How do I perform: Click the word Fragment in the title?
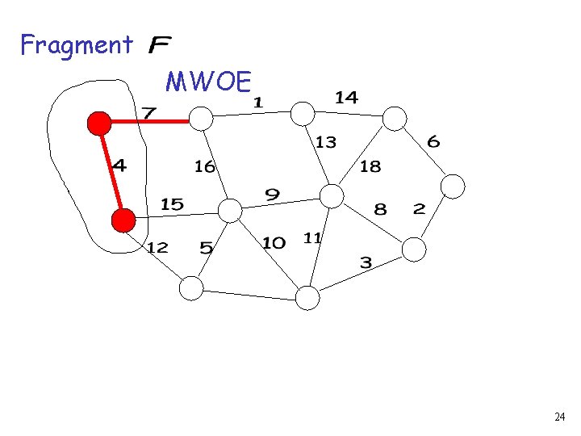(76, 44)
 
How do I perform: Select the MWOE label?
(209, 82)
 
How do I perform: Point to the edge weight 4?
(119, 166)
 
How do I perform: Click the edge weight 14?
(346, 98)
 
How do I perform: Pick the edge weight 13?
(325, 142)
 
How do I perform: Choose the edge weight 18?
(370, 166)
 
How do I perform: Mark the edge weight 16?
(204, 166)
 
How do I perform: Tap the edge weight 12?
(157, 247)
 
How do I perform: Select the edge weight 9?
(273, 195)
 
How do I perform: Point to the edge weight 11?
(313, 237)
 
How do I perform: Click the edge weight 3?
(366, 262)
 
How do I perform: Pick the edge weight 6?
(433, 142)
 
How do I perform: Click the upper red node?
(99, 123)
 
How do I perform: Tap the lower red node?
(123, 220)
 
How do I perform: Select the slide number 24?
(559, 417)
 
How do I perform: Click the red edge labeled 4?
(111, 171)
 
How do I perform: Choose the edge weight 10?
(274, 243)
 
